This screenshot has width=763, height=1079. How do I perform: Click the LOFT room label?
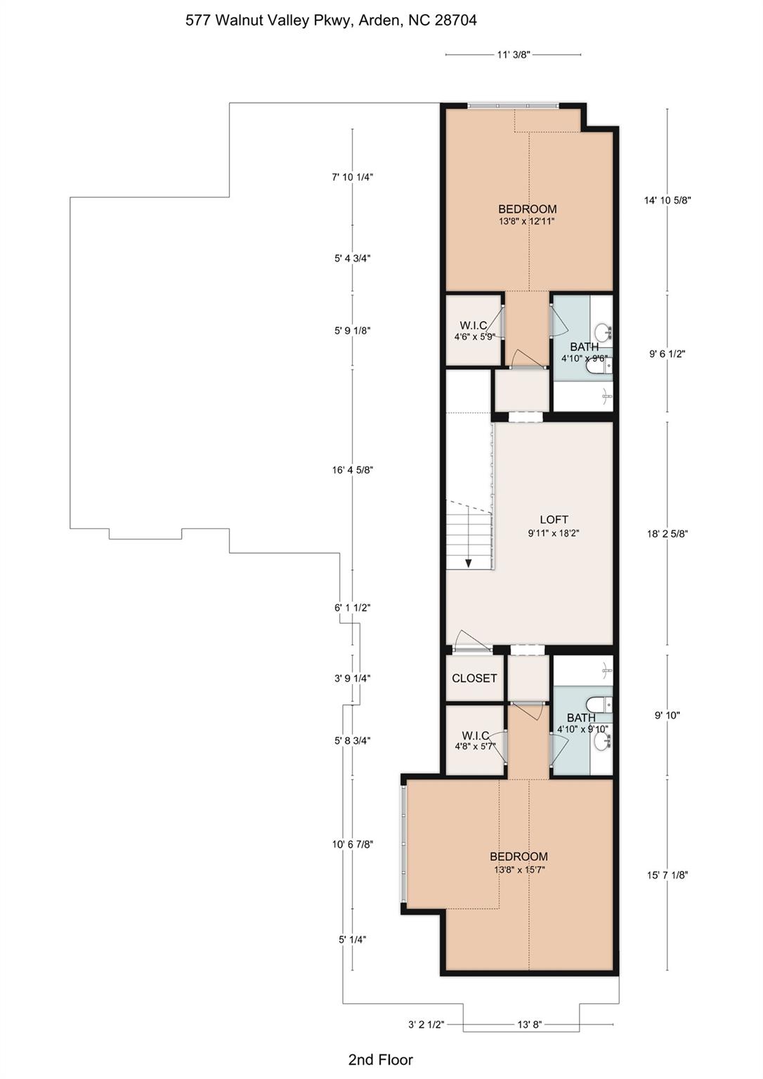554,519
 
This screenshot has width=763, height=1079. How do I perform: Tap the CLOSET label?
474,678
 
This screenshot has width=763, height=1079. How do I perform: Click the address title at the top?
331,20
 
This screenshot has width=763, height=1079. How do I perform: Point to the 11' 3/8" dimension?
514,55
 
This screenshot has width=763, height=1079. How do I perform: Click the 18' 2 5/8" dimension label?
667,534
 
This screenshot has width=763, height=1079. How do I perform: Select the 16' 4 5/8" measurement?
353,470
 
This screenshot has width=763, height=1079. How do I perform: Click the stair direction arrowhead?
468,562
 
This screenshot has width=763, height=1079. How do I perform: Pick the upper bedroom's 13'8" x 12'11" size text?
527,221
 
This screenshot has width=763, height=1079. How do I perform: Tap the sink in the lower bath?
602,741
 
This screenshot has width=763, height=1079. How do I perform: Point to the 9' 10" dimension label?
667,715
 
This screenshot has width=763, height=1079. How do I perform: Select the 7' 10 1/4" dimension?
353,177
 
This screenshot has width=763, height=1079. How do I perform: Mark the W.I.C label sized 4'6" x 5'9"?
474,330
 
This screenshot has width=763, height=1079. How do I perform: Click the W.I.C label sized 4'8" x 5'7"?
476,741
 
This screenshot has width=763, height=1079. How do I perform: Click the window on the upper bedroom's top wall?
513,105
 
